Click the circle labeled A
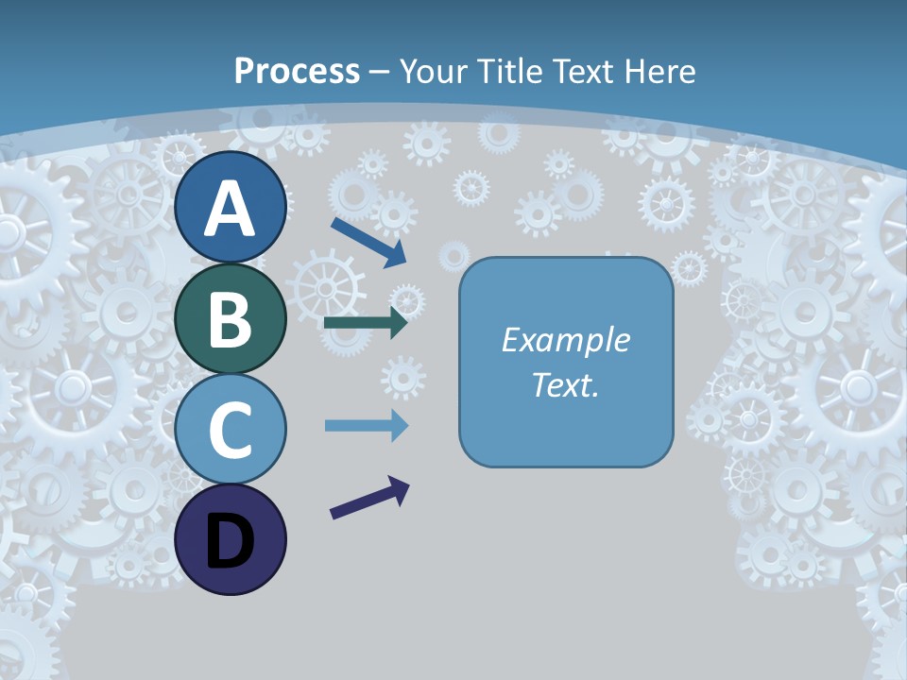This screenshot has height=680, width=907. coord(230,208)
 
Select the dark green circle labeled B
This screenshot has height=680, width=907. coord(230,318)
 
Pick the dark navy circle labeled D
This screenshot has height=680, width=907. coord(230,539)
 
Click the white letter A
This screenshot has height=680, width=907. coord(230,208)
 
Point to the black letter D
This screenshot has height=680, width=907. coord(230,541)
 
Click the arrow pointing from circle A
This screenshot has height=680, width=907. coord(368,242)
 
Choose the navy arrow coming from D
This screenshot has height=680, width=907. coord(369,498)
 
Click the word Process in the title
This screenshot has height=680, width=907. coord(297,71)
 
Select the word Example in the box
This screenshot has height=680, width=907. coord(565,340)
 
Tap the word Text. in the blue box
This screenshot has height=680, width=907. coord(565,384)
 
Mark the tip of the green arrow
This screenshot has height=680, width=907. coord(406,323)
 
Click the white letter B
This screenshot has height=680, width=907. coord(230,318)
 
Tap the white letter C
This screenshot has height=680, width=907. coord(230,430)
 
